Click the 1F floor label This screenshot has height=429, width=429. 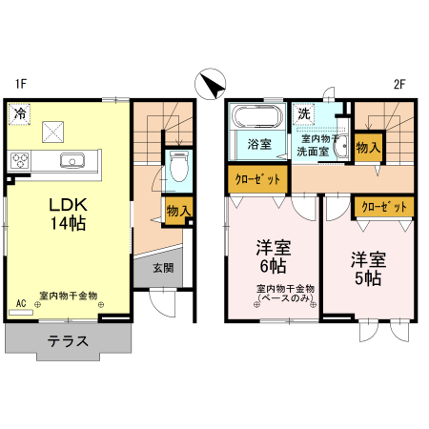(x=20, y=83)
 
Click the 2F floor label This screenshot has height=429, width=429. (x=400, y=83)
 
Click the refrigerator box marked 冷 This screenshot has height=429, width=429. (x=19, y=114)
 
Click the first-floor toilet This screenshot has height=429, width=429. (x=178, y=164)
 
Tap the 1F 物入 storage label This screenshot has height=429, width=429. (x=178, y=211)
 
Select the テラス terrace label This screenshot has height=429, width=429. (x=70, y=340)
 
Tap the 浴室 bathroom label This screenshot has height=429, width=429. (x=259, y=146)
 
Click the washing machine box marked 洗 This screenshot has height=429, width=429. (x=304, y=114)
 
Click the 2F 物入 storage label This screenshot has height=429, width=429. (x=368, y=147)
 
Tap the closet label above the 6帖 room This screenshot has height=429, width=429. (x=256, y=178)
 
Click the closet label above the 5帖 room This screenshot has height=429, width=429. (x=383, y=205)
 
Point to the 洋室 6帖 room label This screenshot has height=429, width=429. (x=272, y=257)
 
